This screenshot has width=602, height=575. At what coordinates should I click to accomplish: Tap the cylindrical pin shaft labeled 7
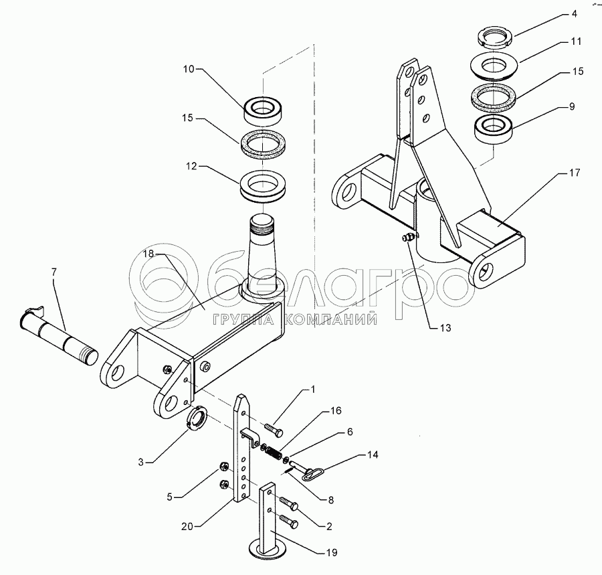coord(64,334)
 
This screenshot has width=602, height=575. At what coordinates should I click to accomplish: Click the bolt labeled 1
coord(274,426)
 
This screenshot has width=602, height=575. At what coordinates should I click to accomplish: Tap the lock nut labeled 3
coord(196,420)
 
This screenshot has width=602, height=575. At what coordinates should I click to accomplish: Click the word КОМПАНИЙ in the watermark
coord(329,320)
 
